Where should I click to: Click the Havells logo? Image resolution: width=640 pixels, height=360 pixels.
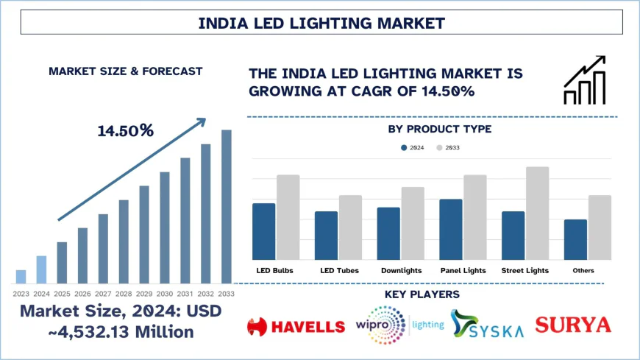[x=296, y=325]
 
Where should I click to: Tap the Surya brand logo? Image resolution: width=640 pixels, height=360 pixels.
[x=573, y=325]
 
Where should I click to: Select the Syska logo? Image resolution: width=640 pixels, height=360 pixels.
[x=488, y=325]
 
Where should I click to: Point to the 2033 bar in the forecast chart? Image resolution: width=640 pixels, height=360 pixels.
[x=227, y=206]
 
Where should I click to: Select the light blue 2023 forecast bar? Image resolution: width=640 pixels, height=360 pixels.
[x=21, y=276]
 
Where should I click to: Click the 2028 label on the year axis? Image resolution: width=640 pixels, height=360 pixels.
[x=124, y=294]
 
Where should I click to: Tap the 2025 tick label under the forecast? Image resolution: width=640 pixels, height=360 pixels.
[x=62, y=294]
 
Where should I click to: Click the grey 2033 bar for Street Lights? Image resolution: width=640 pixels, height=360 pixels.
[x=537, y=213]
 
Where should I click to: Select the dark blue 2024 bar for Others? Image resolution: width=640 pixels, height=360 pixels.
[x=575, y=239]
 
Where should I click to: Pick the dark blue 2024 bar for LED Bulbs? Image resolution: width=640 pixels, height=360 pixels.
[x=263, y=231]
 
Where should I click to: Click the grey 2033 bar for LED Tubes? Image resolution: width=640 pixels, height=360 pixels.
[x=350, y=227]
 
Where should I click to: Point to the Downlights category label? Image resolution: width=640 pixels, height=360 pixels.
[x=401, y=271]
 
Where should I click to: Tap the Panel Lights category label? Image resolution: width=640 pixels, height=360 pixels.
[x=463, y=271]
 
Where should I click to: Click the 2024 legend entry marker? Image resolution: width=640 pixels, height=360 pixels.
[x=405, y=148]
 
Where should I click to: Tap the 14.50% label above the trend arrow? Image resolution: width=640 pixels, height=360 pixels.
[x=126, y=131]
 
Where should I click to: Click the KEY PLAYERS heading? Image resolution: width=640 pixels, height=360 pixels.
[x=432, y=294]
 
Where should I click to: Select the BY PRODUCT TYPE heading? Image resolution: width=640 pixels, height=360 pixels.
[x=439, y=130]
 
